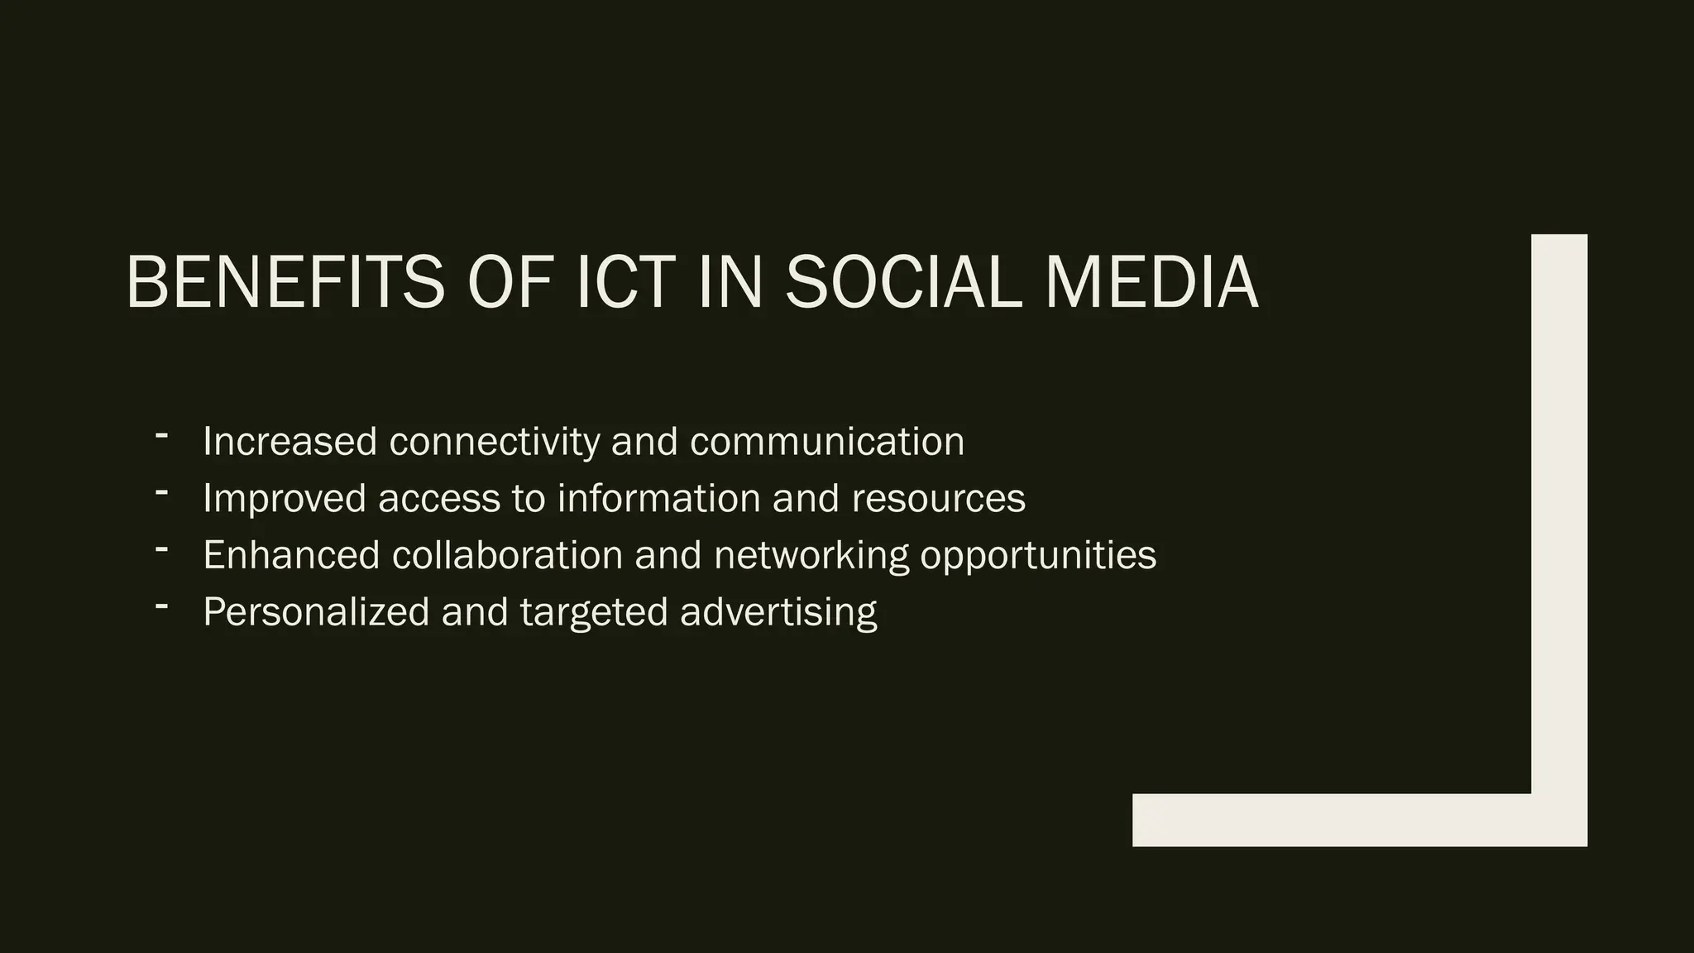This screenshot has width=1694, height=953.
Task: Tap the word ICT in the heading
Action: [x=625, y=282]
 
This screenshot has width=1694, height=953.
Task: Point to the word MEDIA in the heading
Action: [x=1151, y=282]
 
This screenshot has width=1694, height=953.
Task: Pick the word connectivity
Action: [x=495, y=441]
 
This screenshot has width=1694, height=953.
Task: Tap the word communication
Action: [x=827, y=441]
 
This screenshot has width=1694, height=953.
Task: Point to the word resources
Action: [x=938, y=498]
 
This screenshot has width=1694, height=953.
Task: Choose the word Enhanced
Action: [x=291, y=554]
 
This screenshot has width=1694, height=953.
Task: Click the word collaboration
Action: [x=507, y=554]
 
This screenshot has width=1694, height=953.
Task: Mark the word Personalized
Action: [x=316, y=612]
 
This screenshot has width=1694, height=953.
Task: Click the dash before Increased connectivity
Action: [x=161, y=434]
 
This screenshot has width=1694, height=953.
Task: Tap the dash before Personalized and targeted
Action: [x=161, y=605]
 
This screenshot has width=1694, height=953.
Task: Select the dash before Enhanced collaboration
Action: [x=161, y=548]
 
